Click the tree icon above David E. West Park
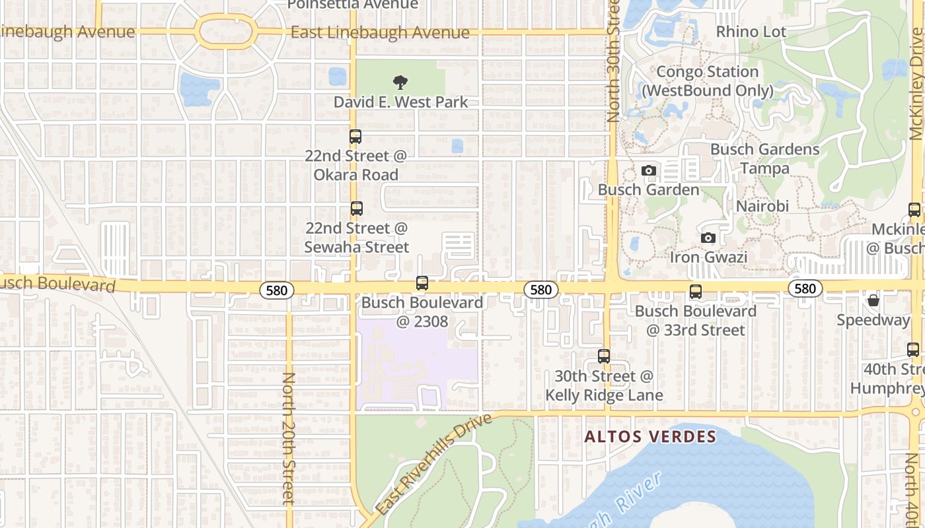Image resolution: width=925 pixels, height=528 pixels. (400, 82)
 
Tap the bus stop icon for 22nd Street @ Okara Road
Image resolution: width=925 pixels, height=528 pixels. (355, 137)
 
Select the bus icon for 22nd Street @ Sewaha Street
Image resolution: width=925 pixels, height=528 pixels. (357, 209)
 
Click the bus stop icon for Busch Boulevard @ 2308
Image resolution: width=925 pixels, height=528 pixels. (422, 283)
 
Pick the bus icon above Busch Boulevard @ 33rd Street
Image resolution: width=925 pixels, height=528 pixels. (695, 292)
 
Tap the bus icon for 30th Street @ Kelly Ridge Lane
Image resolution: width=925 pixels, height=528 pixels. (604, 356)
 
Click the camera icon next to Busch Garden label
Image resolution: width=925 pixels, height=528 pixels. (649, 170)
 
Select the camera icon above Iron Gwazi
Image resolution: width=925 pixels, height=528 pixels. (708, 238)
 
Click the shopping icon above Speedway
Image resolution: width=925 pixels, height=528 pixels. (873, 301)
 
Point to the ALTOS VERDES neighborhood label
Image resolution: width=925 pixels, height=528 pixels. (650, 436)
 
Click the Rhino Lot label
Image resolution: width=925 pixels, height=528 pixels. (751, 32)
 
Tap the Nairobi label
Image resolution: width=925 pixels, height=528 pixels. (762, 207)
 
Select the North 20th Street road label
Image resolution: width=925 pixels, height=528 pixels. (289, 439)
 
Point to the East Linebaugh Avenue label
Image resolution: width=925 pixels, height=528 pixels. (380, 32)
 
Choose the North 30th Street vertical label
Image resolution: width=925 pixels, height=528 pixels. (613, 63)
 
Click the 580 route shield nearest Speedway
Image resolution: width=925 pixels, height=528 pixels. (805, 288)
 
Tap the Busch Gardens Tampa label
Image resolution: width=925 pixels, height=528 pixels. (764, 159)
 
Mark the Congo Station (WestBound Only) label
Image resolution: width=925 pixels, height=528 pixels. (707, 81)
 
